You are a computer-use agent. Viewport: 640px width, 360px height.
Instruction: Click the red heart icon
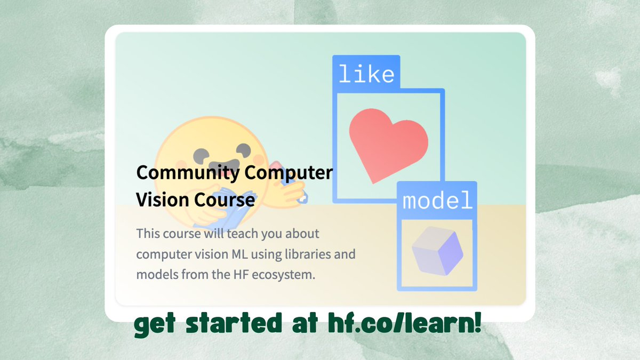pyautogui.click(x=388, y=145)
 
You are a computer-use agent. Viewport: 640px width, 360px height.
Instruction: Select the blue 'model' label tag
pyautogui.click(x=437, y=200)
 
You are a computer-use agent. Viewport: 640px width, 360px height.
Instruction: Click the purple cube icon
pyautogui.click(x=437, y=251)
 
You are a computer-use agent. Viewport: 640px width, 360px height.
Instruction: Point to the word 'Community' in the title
pyautogui.click(x=188, y=173)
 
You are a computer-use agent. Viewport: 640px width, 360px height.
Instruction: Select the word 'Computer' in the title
pyautogui.click(x=289, y=173)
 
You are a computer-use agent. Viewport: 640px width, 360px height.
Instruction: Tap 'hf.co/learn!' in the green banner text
pyautogui.click(x=404, y=323)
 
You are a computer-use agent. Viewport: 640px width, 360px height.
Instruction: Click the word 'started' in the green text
pyautogui.click(x=234, y=323)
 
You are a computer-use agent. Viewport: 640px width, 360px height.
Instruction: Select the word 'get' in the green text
pyautogui.click(x=155, y=325)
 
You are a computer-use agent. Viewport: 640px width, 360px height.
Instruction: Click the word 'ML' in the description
pyautogui.click(x=239, y=254)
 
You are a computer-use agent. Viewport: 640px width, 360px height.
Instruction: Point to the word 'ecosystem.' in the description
pyautogui.click(x=283, y=275)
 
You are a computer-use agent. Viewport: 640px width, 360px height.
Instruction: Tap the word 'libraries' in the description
pyautogui.click(x=307, y=254)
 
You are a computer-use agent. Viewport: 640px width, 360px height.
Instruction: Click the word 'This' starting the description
pyautogui.click(x=148, y=234)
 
